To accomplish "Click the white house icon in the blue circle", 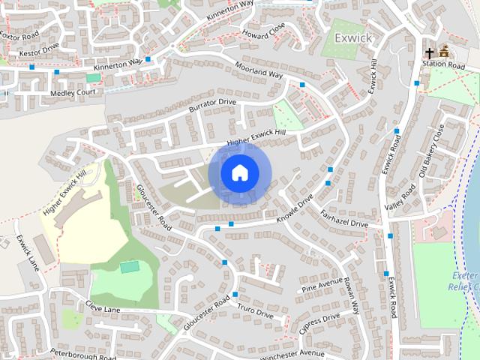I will pyautogui.click(x=238, y=172).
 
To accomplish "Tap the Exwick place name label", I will pyautogui.click(x=349, y=37).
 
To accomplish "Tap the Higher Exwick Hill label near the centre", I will pyautogui.click(x=256, y=137).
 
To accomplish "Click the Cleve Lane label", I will pyautogui.click(x=103, y=306).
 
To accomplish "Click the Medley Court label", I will pyautogui.click(x=74, y=92).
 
